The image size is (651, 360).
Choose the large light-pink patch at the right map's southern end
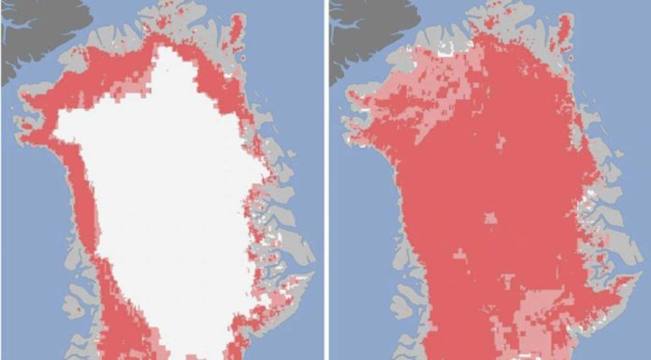[524, 309]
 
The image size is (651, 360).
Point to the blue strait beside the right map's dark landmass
[402, 37]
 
